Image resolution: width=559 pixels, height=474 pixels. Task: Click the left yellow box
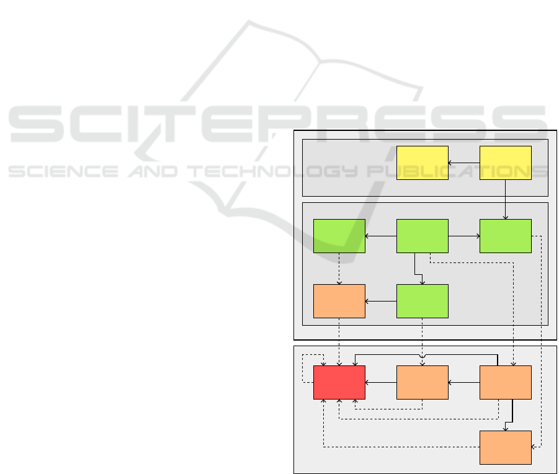(x=422, y=163)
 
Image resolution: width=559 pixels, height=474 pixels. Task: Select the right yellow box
(x=505, y=163)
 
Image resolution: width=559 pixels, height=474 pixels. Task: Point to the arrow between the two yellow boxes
(x=464, y=163)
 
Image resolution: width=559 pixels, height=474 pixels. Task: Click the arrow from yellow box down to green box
(x=506, y=199)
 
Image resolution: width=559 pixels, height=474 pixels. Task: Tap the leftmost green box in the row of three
(x=339, y=236)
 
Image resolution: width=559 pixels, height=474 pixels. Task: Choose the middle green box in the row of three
(x=422, y=236)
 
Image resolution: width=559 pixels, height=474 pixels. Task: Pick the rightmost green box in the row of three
(x=505, y=236)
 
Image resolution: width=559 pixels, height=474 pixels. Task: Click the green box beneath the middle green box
(x=422, y=301)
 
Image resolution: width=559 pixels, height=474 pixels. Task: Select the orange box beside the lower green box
(x=339, y=301)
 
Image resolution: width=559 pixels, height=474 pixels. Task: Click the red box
(x=339, y=382)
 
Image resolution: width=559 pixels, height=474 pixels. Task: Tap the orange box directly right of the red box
(x=422, y=382)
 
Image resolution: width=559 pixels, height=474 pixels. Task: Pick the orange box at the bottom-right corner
(x=505, y=447)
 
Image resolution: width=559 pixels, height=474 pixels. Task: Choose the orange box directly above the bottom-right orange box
(x=505, y=382)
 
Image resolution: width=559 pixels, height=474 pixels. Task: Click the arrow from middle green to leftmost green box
(x=380, y=236)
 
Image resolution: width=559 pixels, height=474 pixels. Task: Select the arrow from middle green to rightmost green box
(x=464, y=236)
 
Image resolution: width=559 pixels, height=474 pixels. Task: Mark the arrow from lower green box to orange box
(x=380, y=302)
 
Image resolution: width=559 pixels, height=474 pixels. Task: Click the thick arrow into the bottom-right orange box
(x=512, y=414)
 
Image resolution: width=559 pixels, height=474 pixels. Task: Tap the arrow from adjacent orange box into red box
(x=380, y=382)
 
